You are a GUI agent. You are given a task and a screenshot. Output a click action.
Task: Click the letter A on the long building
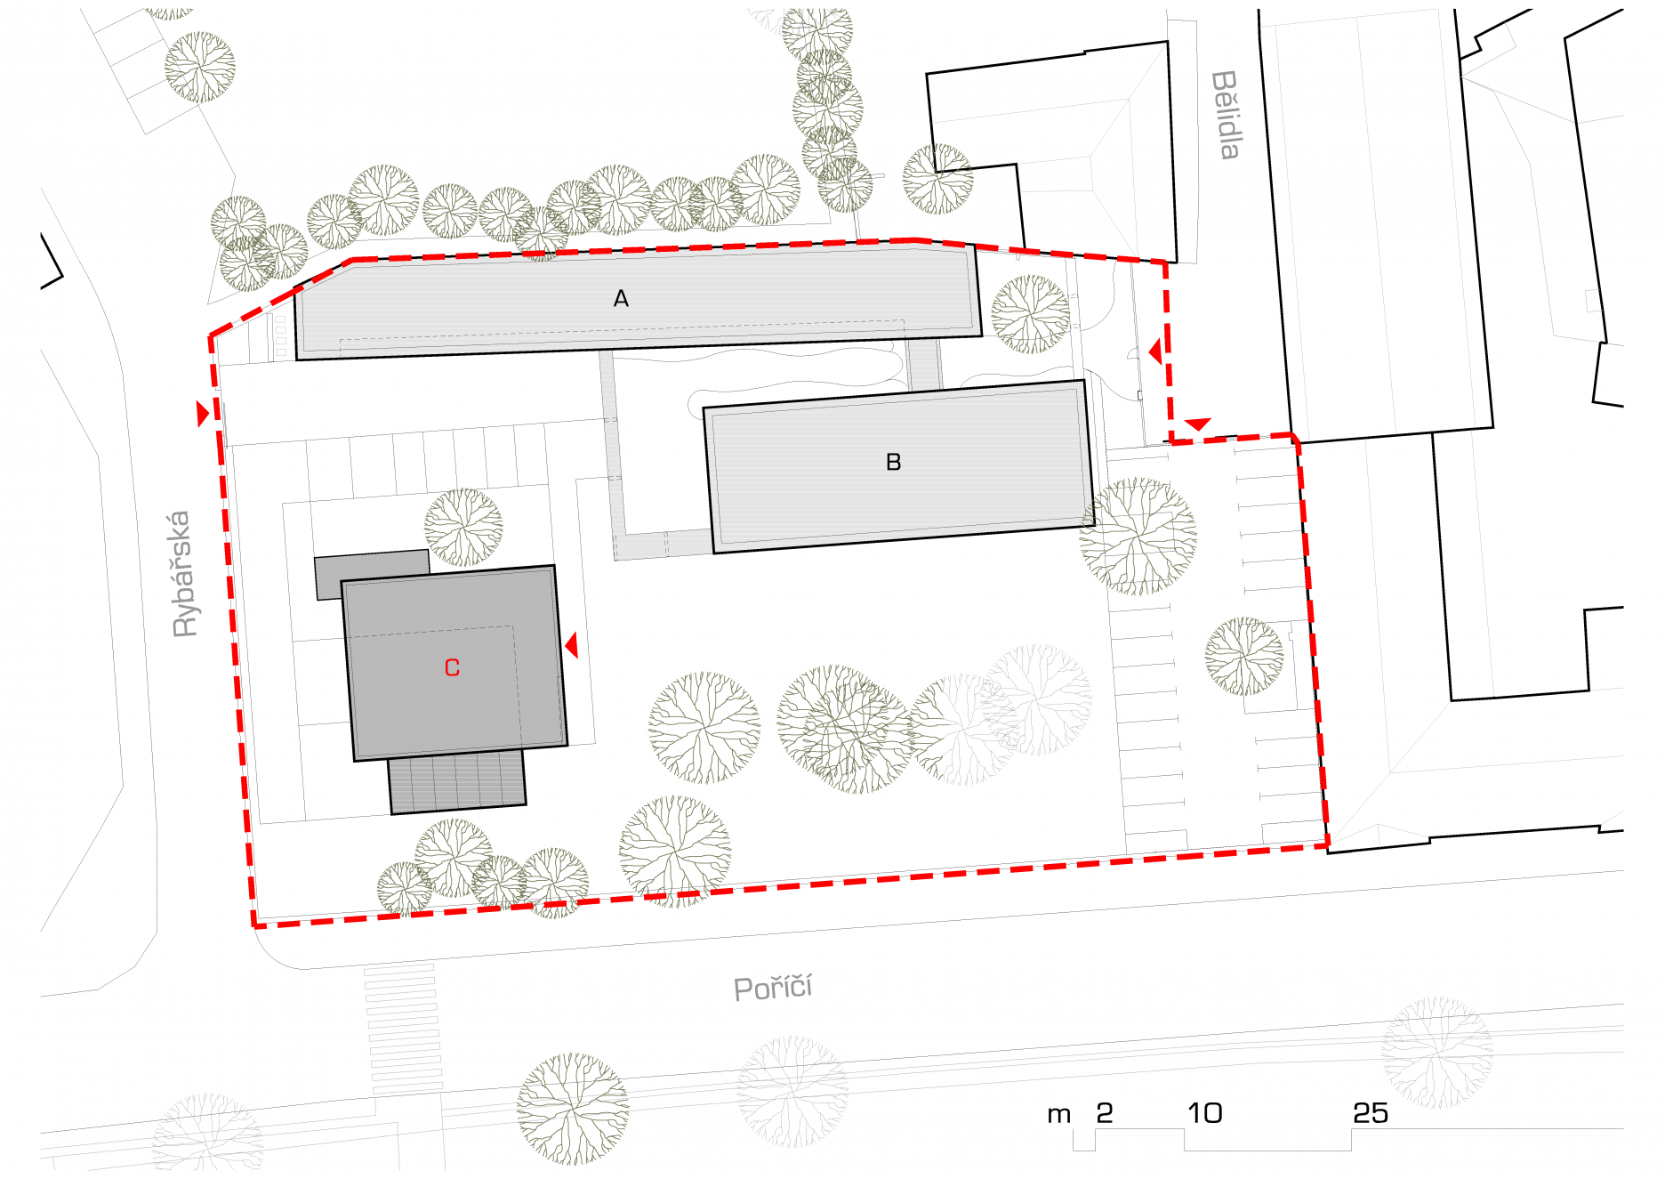click(x=621, y=299)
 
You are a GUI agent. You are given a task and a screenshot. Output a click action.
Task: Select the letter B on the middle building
click(x=894, y=462)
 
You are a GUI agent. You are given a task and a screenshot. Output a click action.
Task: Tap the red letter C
click(x=452, y=667)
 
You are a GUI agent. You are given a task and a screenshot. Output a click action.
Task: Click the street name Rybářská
click(x=182, y=574)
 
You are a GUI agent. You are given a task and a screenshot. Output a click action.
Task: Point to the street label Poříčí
click(x=773, y=987)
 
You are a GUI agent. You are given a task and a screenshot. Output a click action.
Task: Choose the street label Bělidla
click(x=1227, y=115)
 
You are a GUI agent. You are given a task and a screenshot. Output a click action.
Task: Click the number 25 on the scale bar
click(x=1371, y=1113)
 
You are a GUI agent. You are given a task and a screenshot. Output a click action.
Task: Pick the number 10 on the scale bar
click(x=1205, y=1113)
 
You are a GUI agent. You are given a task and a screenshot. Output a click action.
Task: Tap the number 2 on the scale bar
click(x=1105, y=1113)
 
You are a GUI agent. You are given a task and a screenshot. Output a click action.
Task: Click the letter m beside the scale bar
click(x=1059, y=1115)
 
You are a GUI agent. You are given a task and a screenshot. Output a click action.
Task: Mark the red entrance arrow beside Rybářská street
click(x=203, y=414)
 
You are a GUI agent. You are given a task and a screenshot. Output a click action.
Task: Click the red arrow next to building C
click(x=571, y=645)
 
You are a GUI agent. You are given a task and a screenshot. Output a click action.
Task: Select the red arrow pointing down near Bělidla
click(x=1198, y=424)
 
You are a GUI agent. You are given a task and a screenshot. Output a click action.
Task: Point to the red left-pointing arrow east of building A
click(x=1154, y=351)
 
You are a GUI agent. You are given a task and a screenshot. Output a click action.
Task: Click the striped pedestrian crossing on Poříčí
click(x=402, y=1029)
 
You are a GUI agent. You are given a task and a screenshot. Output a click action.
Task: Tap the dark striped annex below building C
click(x=457, y=781)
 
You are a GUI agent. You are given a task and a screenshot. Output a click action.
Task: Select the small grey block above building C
click(x=372, y=574)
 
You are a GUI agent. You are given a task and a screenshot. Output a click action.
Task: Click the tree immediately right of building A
click(x=1031, y=314)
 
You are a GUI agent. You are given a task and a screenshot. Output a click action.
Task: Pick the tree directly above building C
click(x=463, y=528)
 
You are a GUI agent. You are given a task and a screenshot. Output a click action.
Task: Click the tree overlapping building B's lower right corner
click(x=1138, y=537)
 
